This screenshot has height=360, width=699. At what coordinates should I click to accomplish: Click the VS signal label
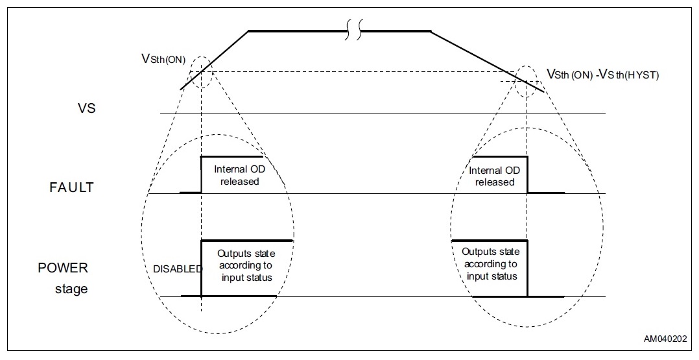pyautogui.click(x=86, y=108)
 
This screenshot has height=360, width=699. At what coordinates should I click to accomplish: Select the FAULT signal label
pyautogui.click(x=72, y=188)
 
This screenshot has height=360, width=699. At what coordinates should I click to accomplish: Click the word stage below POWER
pyautogui.click(x=71, y=289)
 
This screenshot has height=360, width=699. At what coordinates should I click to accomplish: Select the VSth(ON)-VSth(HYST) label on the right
pyautogui.click(x=603, y=75)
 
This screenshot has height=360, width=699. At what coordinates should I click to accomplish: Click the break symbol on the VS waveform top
pyautogui.click(x=353, y=30)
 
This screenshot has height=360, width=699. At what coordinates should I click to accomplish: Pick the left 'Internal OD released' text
pyautogui.click(x=239, y=175)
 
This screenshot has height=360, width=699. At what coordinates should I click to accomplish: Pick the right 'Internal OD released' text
pyautogui.click(x=495, y=176)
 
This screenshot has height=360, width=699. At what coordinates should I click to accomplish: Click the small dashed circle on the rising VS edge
pyautogui.click(x=202, y=72)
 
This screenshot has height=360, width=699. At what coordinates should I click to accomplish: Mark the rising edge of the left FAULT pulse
pyautogui.click(x=202, y=174)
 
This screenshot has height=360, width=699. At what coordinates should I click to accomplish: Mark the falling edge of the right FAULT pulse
pyautogui.click(x=527, y=174)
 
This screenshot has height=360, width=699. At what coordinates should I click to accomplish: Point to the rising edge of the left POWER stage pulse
pyautogui.click(x=202, y=268)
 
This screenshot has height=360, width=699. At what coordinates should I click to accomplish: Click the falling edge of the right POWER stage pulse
pyautogui.click(x=527, y=268)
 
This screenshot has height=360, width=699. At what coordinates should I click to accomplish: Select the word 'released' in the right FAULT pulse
pyautogui.click(x=495, y=182)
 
